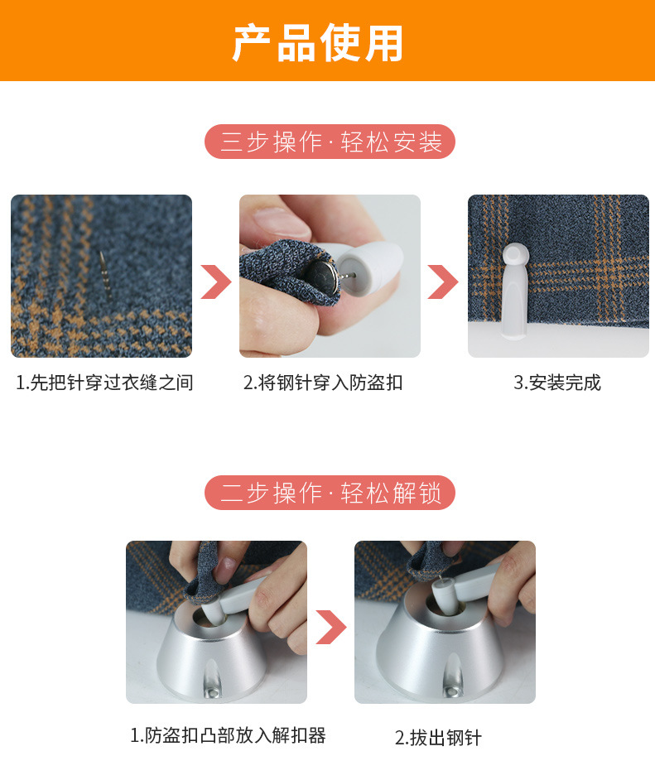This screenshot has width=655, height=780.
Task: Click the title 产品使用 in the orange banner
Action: point(318,43)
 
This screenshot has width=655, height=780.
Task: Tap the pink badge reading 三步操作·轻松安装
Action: point(330,142)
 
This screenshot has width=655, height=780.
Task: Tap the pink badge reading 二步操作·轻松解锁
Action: point(330,492)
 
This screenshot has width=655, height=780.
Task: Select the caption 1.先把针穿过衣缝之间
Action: point(104,383)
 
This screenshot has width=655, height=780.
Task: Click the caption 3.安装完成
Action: point(557,383)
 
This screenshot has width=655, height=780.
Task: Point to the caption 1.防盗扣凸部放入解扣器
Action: point(228,734)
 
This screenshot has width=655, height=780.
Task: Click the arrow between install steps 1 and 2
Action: point(215,282)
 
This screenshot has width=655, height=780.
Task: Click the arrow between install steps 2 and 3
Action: point(442,282)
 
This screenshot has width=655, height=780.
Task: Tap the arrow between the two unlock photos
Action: point(330,627)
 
